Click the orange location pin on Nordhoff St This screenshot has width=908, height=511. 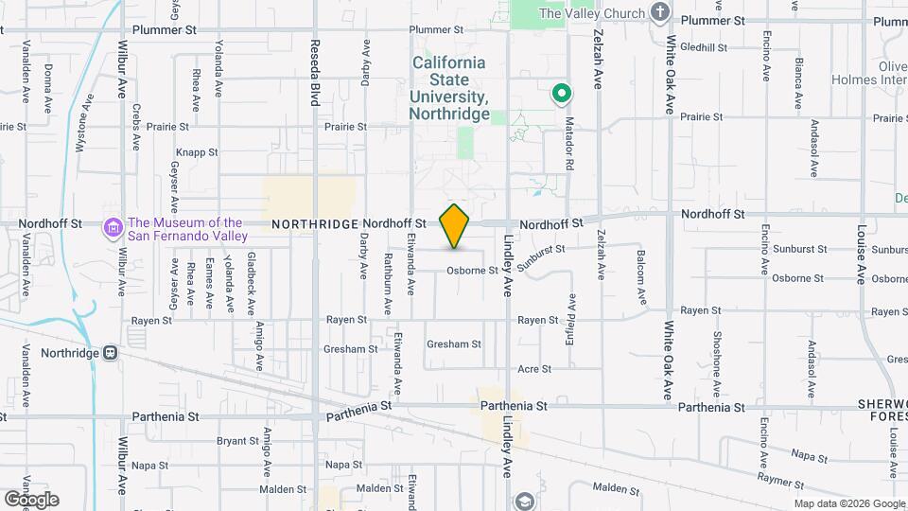click(455, 226)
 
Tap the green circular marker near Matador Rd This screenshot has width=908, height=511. click(561, 94)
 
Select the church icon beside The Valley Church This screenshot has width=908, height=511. click(661, 13)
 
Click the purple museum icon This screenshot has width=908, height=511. click(114, 228)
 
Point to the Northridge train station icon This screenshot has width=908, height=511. click(111, 353)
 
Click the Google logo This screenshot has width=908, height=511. click(31, 499)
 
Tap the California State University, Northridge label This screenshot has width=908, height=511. click(449, 88)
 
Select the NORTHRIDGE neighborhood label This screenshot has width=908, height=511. click(315, 224)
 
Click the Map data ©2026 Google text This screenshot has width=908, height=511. click(848, 503)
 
